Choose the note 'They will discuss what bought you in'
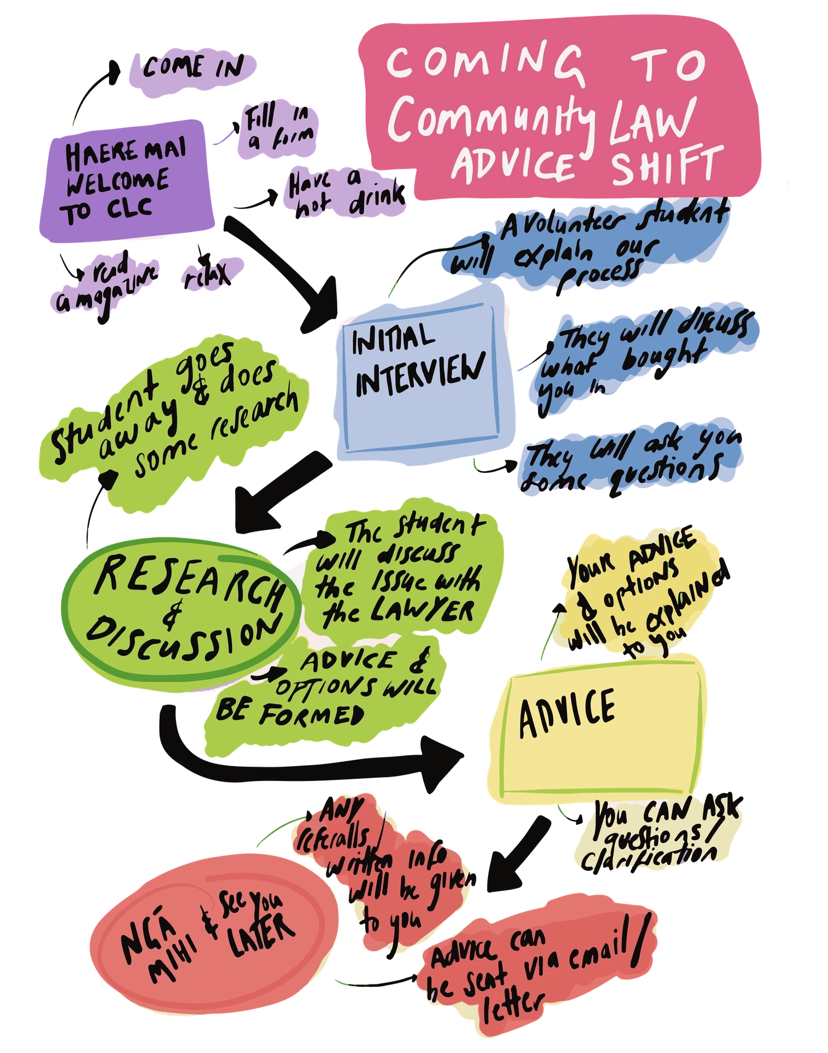click(642, 359)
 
